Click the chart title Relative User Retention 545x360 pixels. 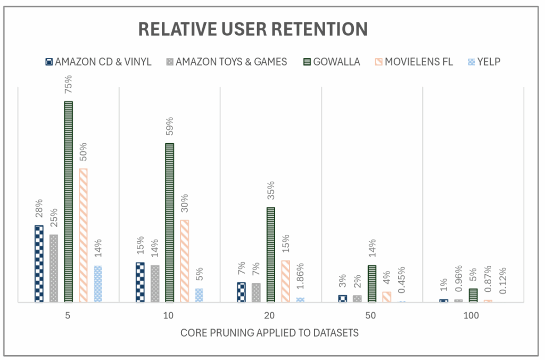(253, 29)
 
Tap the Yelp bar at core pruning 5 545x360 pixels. (98, 284)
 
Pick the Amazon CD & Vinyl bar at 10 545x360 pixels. (140, 282)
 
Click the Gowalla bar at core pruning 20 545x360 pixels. (270, 255)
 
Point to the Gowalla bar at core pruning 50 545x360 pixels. (371, 283)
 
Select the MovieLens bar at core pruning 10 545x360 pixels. (184, 261)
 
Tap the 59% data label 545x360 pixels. (170, 127)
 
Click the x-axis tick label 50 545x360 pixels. (371, 316)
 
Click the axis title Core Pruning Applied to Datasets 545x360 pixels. (270, 333)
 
